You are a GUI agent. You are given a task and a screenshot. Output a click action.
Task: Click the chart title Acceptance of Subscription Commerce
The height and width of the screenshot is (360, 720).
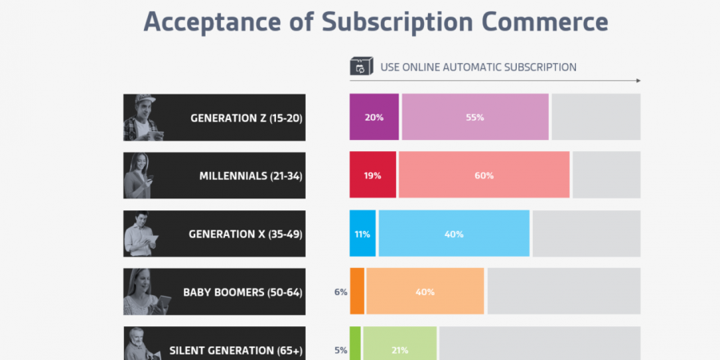[375, 22]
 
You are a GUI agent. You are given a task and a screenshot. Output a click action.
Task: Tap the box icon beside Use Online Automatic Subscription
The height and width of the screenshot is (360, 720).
[361, 66]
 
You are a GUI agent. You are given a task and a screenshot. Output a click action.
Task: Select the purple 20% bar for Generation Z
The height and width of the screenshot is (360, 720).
[374, 117]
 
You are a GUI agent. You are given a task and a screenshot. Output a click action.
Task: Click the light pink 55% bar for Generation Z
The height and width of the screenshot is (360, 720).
[475, 117]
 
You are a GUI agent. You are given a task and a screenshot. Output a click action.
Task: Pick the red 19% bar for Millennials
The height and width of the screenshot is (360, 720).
[372, 175]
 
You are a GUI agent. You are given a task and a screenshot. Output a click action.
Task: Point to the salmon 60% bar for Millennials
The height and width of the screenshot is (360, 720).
[484, 175]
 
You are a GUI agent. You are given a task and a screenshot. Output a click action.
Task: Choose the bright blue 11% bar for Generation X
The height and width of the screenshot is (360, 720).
[362, 234]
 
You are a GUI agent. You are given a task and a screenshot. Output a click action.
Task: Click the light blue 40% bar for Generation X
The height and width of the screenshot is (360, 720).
[454, 234]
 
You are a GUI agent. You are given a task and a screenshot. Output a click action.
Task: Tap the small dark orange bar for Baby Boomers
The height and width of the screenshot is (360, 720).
[357, 291]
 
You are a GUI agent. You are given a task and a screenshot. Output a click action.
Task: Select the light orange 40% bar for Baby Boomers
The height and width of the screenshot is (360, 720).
[425, 291]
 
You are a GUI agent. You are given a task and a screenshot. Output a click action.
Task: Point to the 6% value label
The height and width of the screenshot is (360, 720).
[341, 292]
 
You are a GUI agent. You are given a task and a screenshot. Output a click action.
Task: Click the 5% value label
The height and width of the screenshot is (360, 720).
[341, 350]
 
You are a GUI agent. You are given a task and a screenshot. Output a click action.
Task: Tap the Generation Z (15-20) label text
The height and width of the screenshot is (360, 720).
[246, 118]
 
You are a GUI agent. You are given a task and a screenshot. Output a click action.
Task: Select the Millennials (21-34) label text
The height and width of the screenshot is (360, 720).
[250, 175]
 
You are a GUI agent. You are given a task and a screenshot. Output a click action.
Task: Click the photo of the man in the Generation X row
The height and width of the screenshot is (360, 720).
[142, 234]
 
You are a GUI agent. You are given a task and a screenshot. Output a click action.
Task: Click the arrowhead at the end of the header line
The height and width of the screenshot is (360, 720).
[638, 81]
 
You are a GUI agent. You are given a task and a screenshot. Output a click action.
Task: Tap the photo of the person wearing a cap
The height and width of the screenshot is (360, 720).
[142, 118]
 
